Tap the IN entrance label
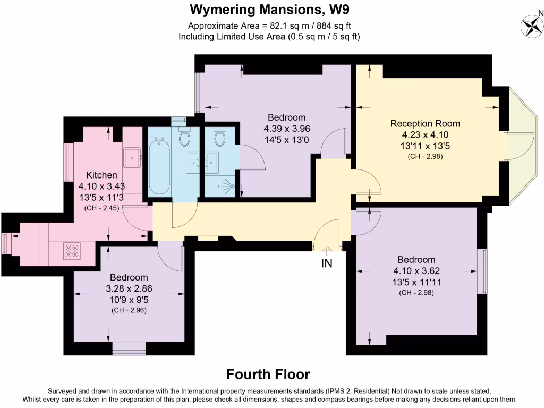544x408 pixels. pos(327,262)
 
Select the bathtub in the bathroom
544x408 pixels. pos(158,166)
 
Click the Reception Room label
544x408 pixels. pos(425,123)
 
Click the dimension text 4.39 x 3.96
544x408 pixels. pos(286,129)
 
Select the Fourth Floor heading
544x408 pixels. pos(268,374)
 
